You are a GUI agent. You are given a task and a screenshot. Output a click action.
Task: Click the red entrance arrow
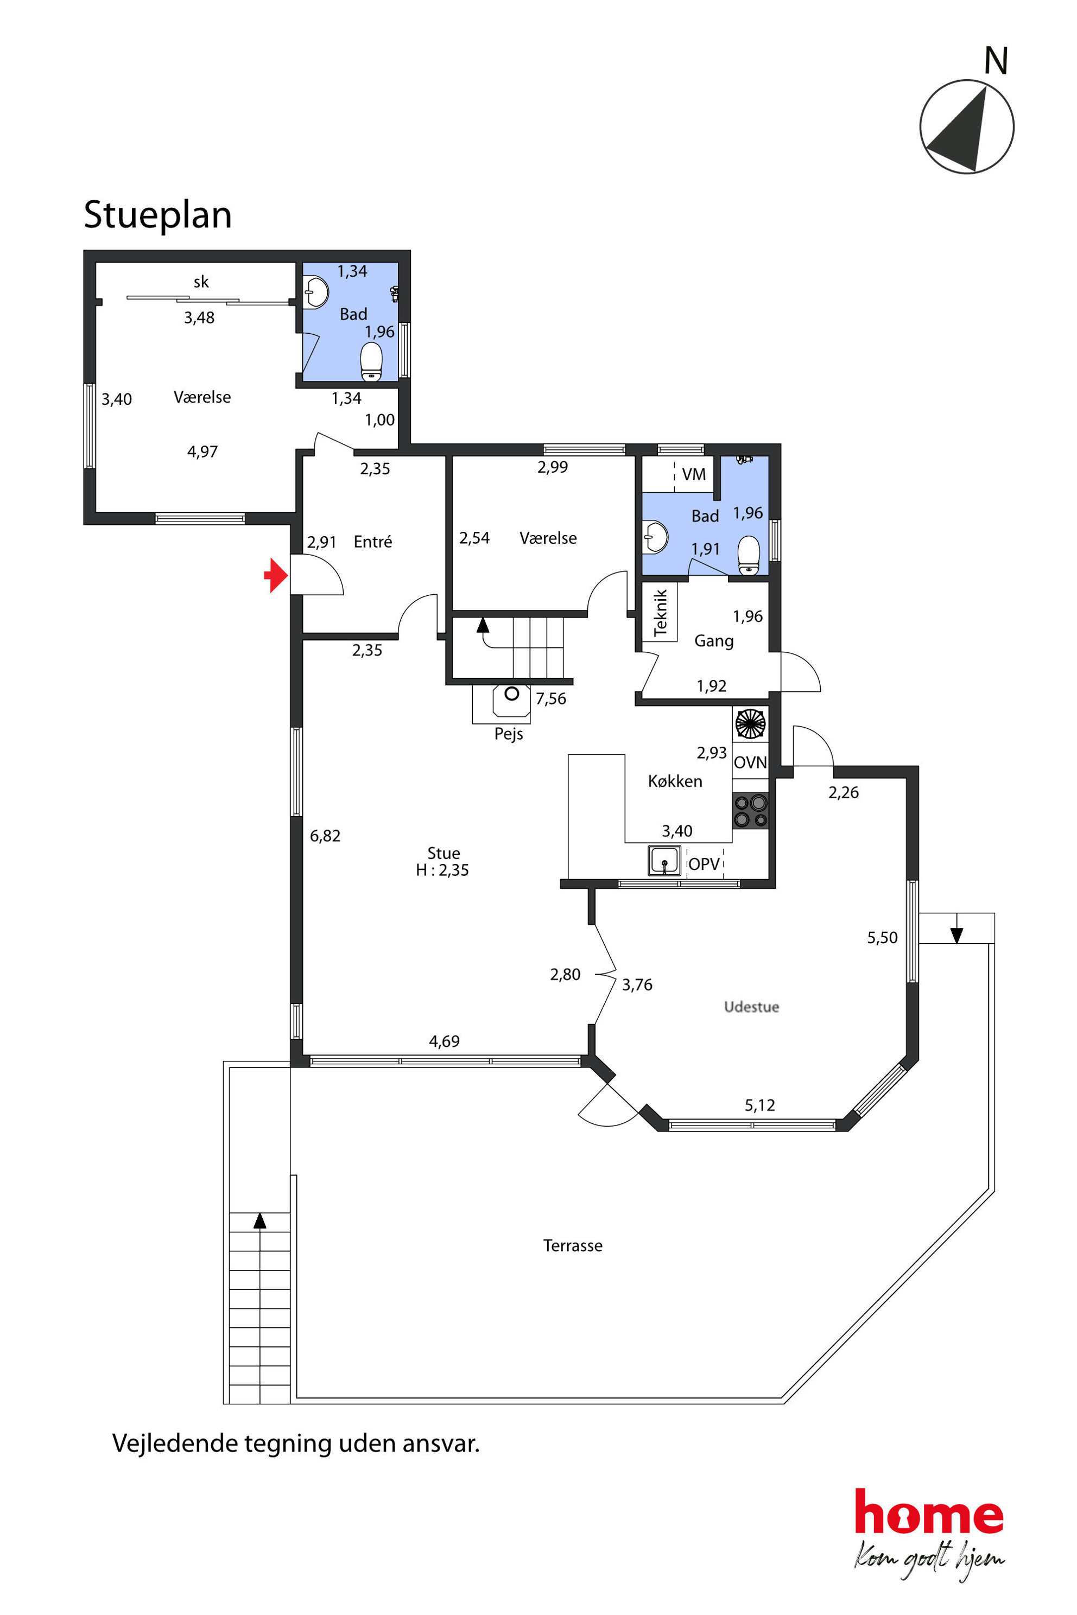click(x=276, y=575)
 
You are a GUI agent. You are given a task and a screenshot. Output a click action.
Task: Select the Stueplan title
click(x=157, y=215)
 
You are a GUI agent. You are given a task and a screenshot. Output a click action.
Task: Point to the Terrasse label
click(x=573, y=1245)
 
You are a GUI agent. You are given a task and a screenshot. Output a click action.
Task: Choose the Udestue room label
click(x=751, y=1007)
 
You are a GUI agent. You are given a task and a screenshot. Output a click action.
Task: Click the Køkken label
click(x=675, y=781)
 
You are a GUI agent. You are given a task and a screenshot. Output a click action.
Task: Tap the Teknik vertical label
click(x=660, y=613)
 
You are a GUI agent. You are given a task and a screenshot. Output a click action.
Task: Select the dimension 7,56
click(x=551, y=699)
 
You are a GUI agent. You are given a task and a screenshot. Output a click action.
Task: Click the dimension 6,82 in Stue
click(x=325, y=836)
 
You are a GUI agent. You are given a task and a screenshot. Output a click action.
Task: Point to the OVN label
click(x=750, y=762)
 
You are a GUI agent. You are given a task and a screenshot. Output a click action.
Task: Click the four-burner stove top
click(x=750, y=811)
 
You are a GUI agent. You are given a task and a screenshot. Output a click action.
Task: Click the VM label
click(x=694, y=474)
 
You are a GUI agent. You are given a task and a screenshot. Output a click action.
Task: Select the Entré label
click(x=373, y=542)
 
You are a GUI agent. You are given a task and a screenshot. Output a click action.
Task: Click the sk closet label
click(x=201, y=282)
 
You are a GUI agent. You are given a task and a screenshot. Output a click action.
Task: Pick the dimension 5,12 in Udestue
click(x=759, y=1105)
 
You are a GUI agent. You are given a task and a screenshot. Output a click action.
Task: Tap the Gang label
click(x=714, y=641)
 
